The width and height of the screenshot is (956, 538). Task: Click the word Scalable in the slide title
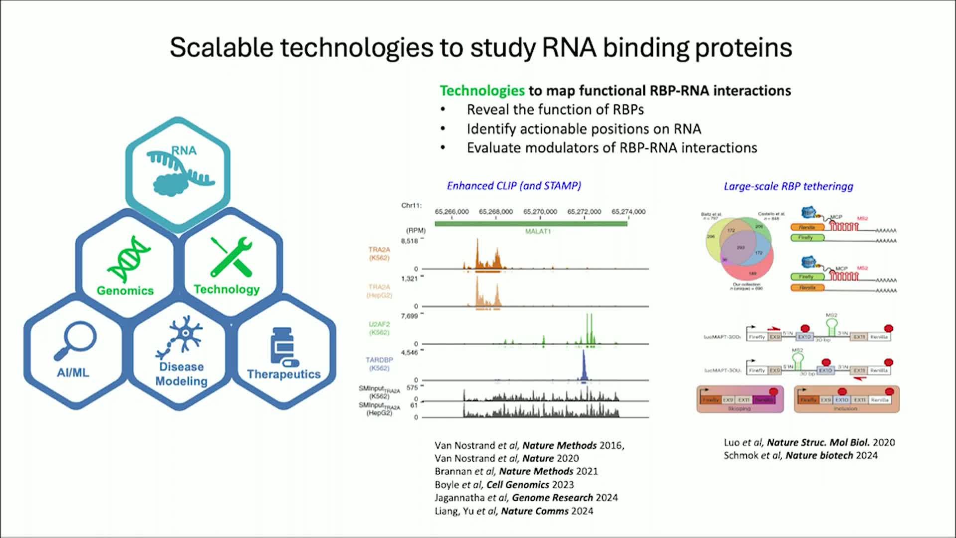(x=222, y=48)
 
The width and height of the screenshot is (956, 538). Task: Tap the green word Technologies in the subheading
(x=481, y=91)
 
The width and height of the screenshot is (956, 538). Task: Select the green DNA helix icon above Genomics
(x=128, y=259)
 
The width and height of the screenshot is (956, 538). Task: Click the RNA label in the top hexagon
(x=184, y=150)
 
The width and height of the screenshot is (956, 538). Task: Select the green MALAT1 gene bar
(x=530, y=224)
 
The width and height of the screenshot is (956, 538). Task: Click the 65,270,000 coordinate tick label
(x=540, y=212)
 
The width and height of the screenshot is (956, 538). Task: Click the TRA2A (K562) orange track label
(x=379, y=254)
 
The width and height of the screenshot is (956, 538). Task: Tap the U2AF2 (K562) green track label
(x=379, y=328)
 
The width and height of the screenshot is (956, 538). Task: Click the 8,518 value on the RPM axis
(x=409, y=241)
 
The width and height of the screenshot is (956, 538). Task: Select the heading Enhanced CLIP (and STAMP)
(x=513, y=186)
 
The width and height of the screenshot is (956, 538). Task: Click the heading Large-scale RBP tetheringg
(x=788, y=186)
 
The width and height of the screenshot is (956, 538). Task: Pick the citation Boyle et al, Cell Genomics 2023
(x=504, y=485)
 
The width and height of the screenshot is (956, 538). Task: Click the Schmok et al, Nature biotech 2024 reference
(x=800, y=455)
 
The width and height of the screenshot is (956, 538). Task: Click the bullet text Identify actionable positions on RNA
(x=584, y=129)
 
